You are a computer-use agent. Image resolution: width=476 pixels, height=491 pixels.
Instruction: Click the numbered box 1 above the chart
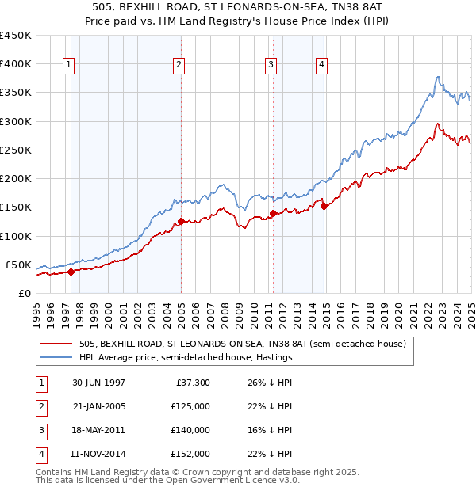70,66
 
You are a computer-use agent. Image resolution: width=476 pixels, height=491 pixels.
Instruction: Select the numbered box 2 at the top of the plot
179,66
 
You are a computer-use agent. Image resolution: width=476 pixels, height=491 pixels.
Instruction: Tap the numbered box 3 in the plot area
271,66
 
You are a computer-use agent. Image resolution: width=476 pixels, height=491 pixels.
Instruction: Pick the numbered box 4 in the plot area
322,66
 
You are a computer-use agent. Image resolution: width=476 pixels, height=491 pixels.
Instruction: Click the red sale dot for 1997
71,272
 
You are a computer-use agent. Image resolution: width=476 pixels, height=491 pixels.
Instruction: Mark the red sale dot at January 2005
181,222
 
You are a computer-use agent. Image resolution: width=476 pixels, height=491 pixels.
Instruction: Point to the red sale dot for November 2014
324,206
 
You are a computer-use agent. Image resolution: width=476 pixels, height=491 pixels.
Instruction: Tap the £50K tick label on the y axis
17,265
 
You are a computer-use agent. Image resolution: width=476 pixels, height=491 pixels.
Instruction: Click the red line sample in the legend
56,344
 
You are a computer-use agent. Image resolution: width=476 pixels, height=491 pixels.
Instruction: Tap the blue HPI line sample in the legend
56,357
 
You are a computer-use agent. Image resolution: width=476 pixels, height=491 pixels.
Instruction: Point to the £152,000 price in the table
190,455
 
